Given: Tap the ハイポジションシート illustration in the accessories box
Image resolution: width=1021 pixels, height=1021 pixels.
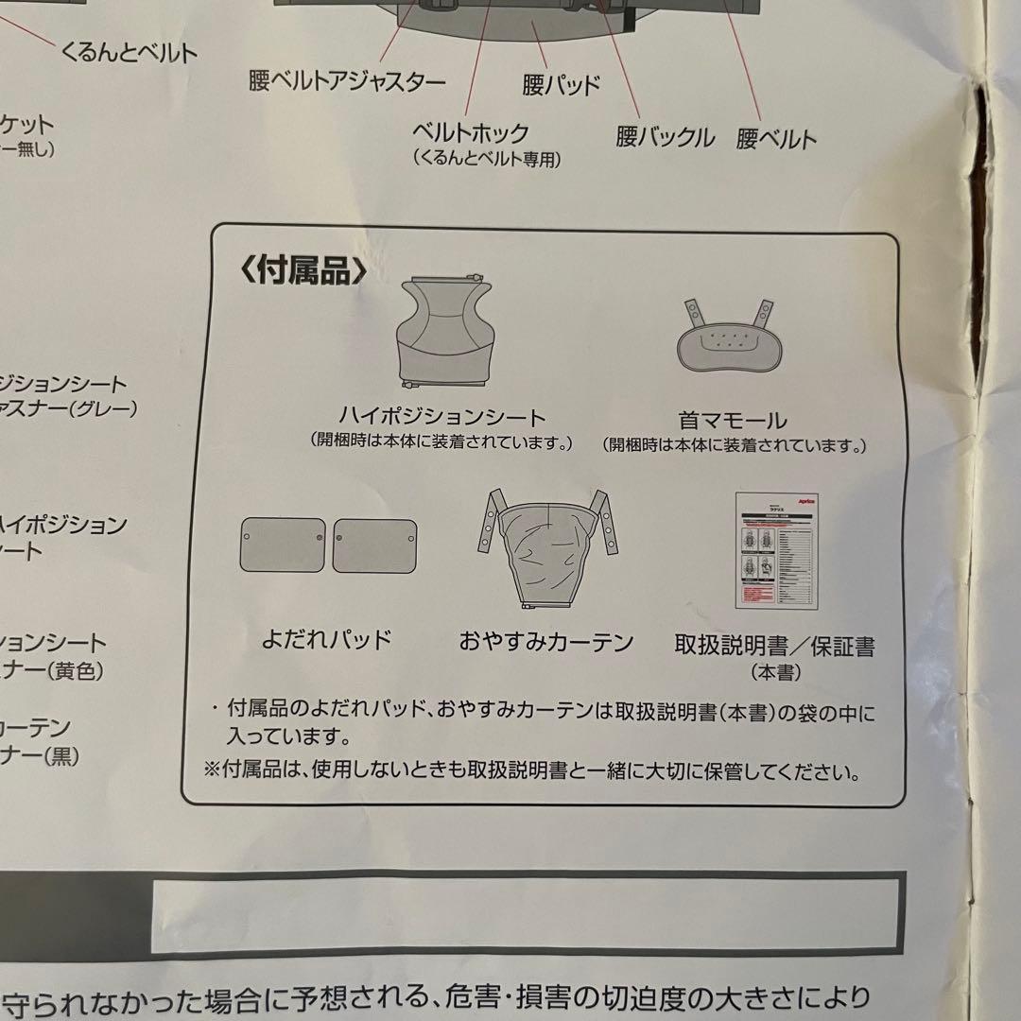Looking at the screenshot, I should [x=442, y=332].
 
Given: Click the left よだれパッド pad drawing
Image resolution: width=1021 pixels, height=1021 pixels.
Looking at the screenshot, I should [x=282, y=545].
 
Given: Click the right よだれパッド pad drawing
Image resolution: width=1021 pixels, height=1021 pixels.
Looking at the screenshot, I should [x=374, y=545].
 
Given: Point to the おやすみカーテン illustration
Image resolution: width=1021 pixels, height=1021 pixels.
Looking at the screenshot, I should [x=545, y=548].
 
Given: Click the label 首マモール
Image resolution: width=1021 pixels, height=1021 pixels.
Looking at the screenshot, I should [x=733, y=420].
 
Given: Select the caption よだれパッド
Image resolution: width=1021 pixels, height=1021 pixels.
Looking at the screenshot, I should [x=326, y=640].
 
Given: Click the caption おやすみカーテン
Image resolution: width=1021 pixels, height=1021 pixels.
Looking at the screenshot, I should [x=545, y=643].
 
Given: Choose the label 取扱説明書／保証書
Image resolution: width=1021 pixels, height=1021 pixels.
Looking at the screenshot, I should [x=774, y=647].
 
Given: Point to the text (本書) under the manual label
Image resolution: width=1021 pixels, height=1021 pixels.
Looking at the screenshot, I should [x=775, y=673].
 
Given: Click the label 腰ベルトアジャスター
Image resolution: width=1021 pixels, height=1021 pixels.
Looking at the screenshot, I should [x=347, y=82].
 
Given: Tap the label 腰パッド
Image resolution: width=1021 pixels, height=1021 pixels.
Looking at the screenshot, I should [x=562, y=85].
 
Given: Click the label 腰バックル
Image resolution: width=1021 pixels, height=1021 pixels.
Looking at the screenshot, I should [x=666, y=137].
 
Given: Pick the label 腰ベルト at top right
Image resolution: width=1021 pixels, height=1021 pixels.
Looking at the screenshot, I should [x=776, y=140].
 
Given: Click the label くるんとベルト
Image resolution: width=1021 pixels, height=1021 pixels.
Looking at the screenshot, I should [x=129, y=52].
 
